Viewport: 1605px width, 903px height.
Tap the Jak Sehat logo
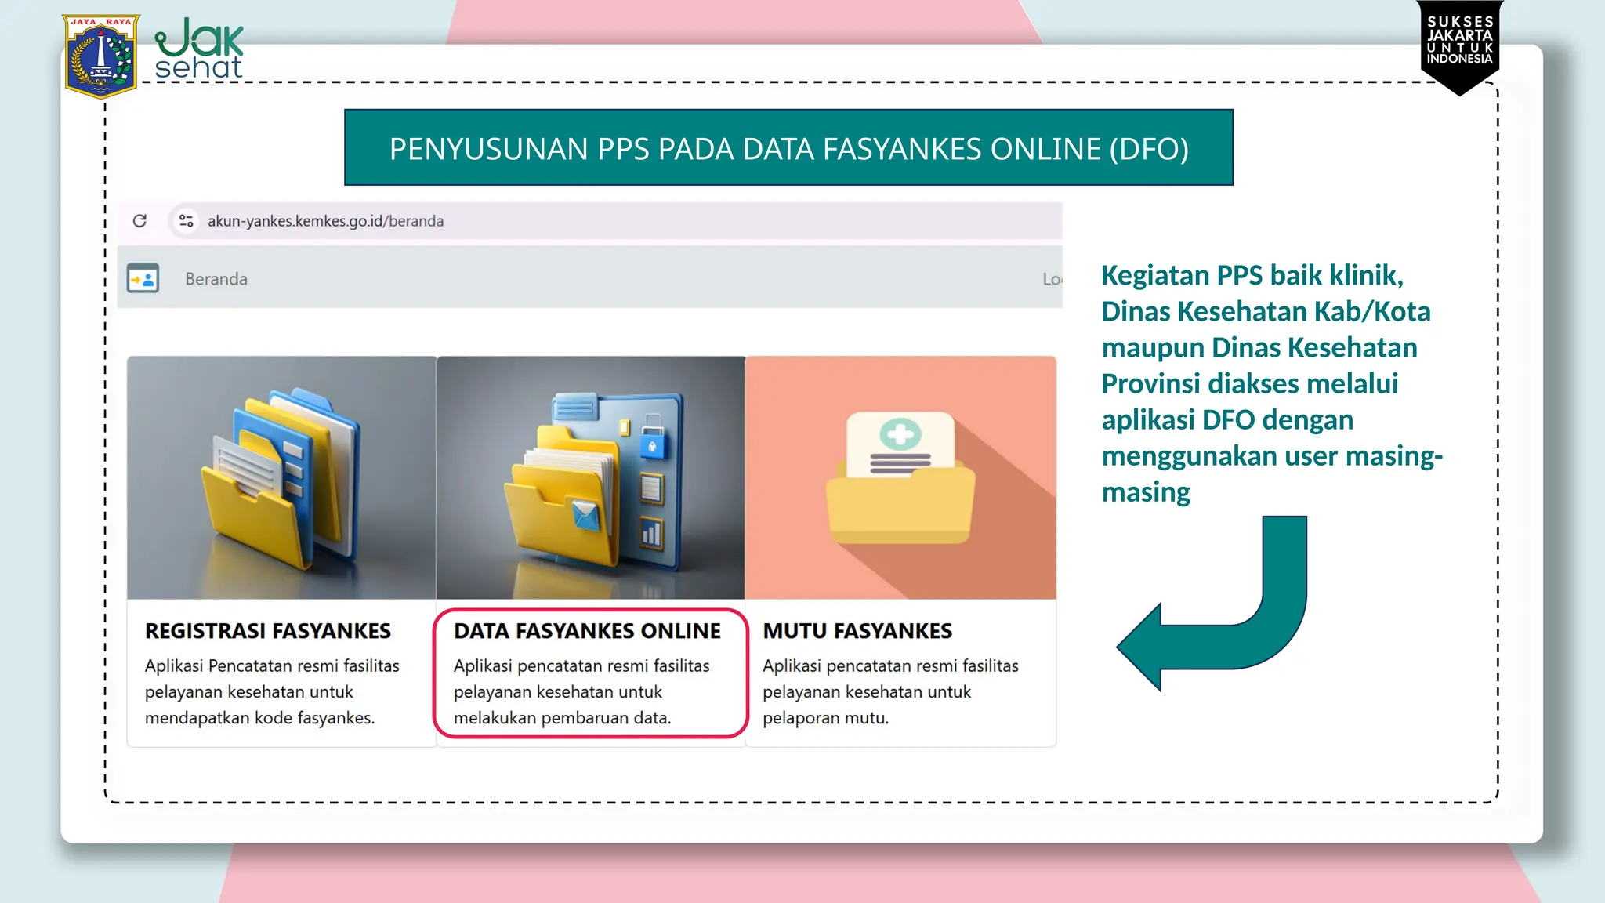coord(199,49)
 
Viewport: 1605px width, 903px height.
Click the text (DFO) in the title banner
coord(1149,149)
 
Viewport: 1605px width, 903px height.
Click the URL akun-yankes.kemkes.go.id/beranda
coord(325,221)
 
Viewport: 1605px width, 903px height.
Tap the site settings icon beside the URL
coord(186,221)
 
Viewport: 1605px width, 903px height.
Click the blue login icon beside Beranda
coord(143,278)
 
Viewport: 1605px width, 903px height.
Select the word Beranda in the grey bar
coord(216,279)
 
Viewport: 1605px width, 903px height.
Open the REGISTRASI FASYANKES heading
coord(268,631)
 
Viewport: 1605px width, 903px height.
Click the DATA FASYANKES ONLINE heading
coord(587,631)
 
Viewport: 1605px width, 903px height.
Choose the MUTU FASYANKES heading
coord(857,631)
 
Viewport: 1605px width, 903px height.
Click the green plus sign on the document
coord(900,434)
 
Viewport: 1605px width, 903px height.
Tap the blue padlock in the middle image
coord(652,444)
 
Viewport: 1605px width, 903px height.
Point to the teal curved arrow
coord(1223,619)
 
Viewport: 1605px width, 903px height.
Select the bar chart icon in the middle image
coord(651,534)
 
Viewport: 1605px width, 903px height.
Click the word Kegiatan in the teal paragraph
coord(1155,275)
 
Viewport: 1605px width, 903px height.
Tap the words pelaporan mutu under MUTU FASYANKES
coord(825,718)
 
